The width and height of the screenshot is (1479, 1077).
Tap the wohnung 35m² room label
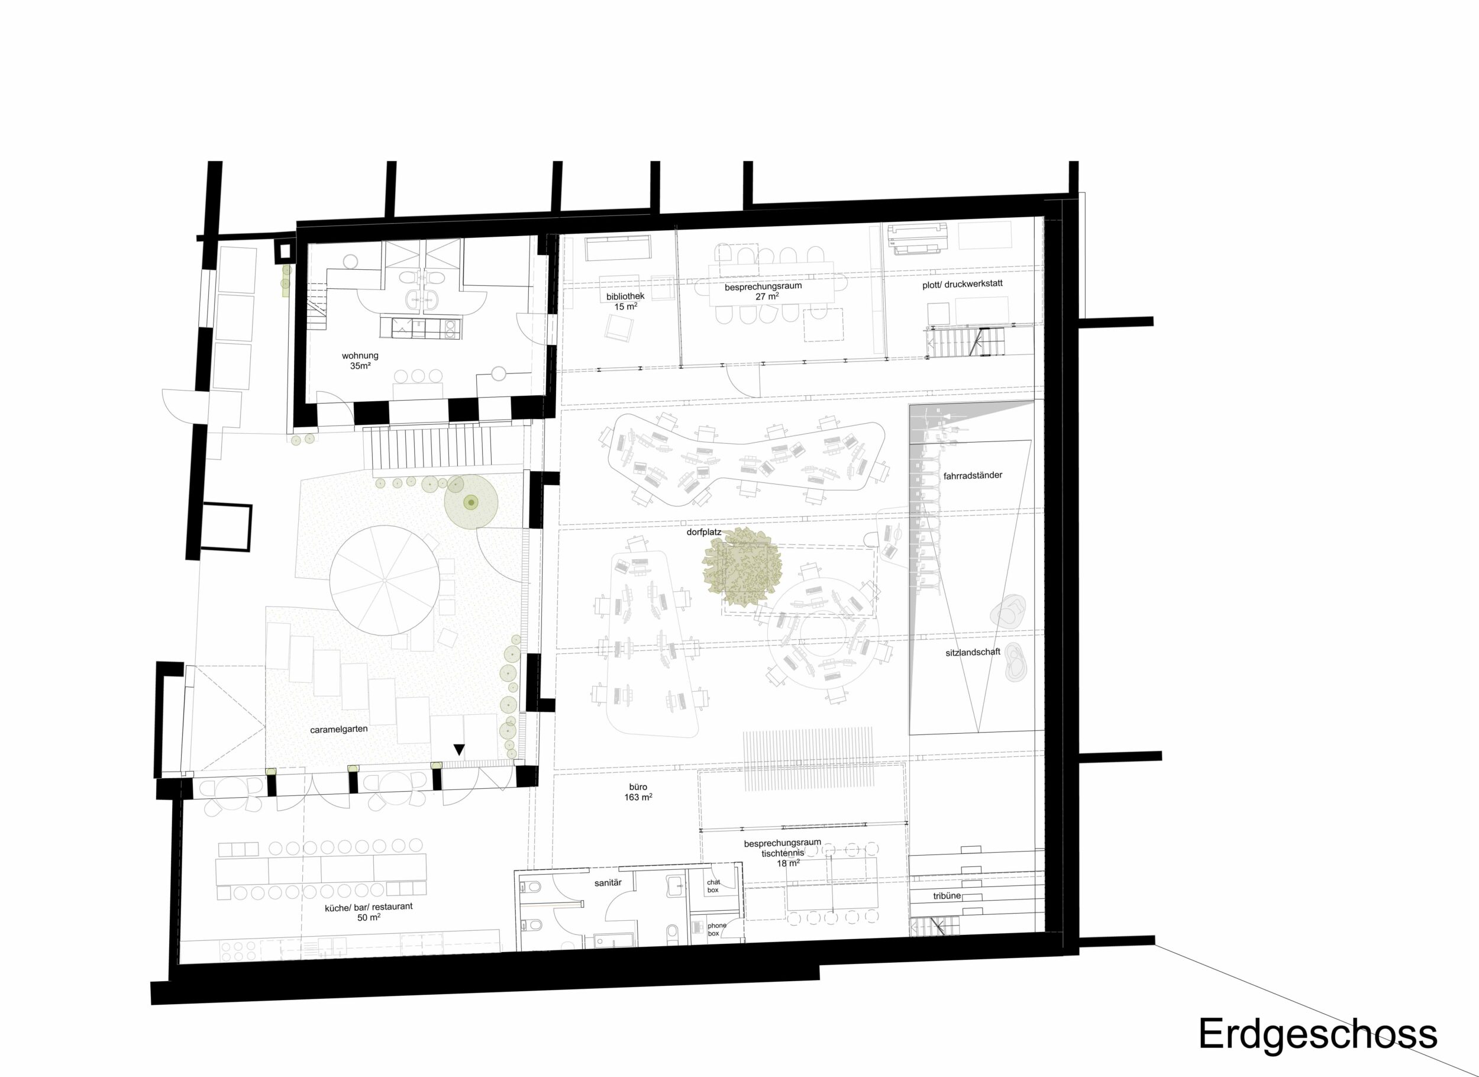click(x=360, y=361)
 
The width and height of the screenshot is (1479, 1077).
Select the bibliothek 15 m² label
click(x=625, y=301)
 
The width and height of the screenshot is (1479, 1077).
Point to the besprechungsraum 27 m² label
click(x=763, y=291)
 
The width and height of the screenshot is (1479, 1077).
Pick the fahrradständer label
click(x=973, y=476)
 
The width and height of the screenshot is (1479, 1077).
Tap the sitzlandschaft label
click(x=973, y=652)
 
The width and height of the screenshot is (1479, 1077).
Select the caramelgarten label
click(x=339, y=729)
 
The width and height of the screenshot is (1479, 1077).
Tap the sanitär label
click(x=608, y=882)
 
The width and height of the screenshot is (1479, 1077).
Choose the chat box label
click(x=713, y=886)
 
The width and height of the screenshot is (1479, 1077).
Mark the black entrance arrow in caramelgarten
click(x=459, y=750)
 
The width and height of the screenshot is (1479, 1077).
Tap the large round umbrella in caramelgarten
click(x=383, y=579)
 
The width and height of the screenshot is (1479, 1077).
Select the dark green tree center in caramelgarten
click(x=470, y=502)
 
